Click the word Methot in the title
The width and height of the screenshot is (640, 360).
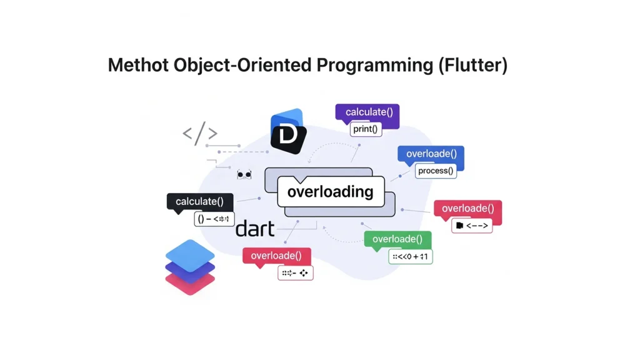coord(139,65)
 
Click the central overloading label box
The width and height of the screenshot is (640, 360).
coord(331,192)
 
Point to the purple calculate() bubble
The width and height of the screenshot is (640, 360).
coord(368,112)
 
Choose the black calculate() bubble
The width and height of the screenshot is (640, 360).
coord(199,201)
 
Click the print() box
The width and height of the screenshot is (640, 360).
coord(366,129)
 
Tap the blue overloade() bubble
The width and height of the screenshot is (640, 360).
coord(431,154)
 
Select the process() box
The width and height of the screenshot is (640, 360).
coord(436,171)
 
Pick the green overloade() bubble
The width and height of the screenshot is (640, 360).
coord(397,239)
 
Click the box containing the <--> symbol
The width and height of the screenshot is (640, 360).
coord(472,225)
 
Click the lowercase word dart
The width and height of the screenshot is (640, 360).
coord(255,229)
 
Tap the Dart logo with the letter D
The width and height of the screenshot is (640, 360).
coord(288,132)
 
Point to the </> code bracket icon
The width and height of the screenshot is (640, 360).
coord(200,134)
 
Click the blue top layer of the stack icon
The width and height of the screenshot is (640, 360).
coord(190,255)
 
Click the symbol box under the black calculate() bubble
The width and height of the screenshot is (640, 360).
coord(214,219)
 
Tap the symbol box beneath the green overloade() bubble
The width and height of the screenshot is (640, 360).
coord(410,256)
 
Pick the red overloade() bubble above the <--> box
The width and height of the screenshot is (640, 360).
coord(467,209)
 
